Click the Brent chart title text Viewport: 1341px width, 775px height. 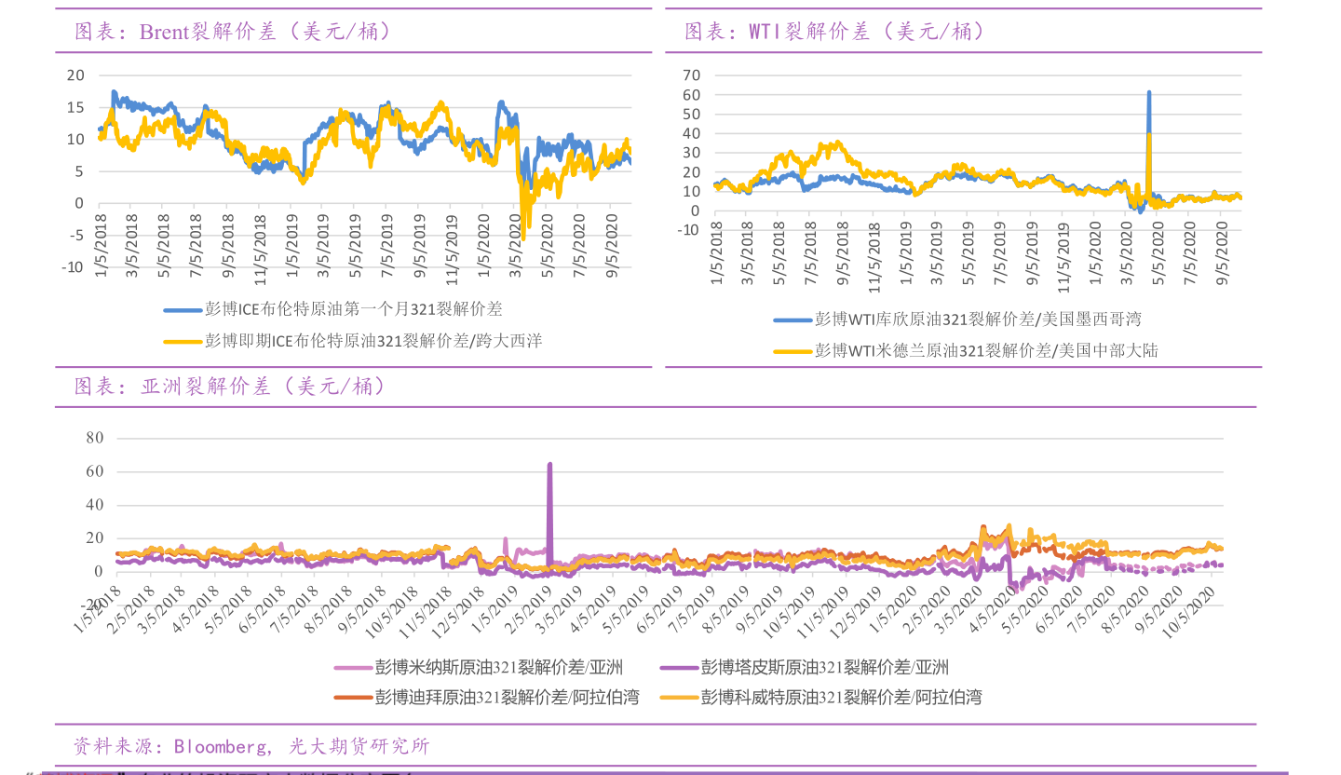[233, 32]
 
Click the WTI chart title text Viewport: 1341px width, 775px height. [834, 32]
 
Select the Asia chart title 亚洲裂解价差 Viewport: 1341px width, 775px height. [229, 386]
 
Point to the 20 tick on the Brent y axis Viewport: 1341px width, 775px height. [75, 75]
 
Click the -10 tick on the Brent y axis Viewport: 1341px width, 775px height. [73, 267]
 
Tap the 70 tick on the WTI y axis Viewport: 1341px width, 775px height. [691, 75]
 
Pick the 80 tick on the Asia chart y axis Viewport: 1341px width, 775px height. [94, 437]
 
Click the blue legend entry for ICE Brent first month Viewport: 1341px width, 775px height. [354, 309]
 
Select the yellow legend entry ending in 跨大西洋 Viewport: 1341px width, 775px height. [372, 341]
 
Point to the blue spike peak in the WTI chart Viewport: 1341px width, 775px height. [1148, 92]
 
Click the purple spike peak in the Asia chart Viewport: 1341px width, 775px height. [549, 464]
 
